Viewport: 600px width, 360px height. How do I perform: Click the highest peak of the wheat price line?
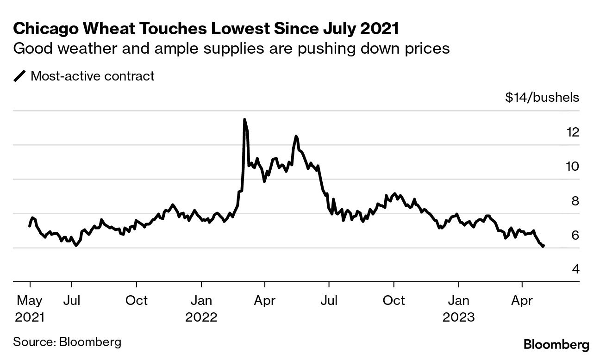[x=244, y=120]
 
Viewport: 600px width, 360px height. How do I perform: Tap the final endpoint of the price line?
[x=543, y=246]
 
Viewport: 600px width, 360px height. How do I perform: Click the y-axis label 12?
[x=573, y=132]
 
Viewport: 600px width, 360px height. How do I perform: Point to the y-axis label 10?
[x=573, y=167]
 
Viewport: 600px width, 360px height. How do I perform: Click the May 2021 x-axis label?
[x=30, y=309]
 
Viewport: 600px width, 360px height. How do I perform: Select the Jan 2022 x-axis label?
[x=201, y=309]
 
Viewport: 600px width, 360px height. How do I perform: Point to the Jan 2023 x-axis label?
[x=458, y=309]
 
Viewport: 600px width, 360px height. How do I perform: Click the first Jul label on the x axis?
[x=72, y=300]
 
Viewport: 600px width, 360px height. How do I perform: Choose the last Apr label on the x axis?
[x=522, y=300]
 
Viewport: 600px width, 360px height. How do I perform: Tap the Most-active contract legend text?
[x=93, y=76]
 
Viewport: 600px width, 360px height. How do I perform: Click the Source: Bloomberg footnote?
[x=67, y=342]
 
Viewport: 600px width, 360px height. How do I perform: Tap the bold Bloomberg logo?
[x=556, y=345]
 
